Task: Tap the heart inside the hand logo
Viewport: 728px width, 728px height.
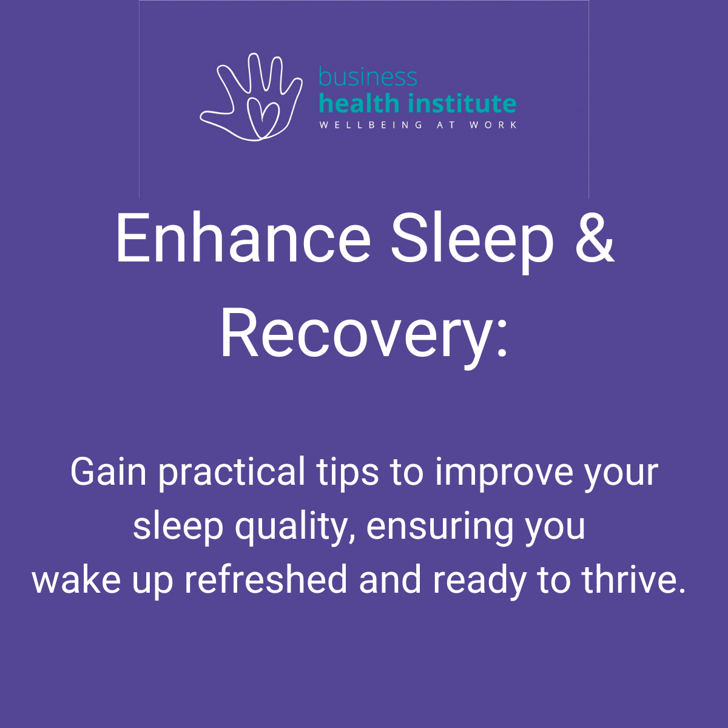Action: (263, 117)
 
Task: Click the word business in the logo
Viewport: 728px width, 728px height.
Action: (368, 76)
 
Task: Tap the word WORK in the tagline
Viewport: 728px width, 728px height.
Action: (493, 125)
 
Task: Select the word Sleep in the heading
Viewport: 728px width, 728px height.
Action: (472, 243)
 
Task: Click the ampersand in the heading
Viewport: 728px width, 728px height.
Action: (595, 238)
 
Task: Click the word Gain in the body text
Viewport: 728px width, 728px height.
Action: (108, 472)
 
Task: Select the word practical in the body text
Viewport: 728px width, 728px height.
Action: (232, 474)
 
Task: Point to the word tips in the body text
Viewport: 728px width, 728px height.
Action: (347, 474)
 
